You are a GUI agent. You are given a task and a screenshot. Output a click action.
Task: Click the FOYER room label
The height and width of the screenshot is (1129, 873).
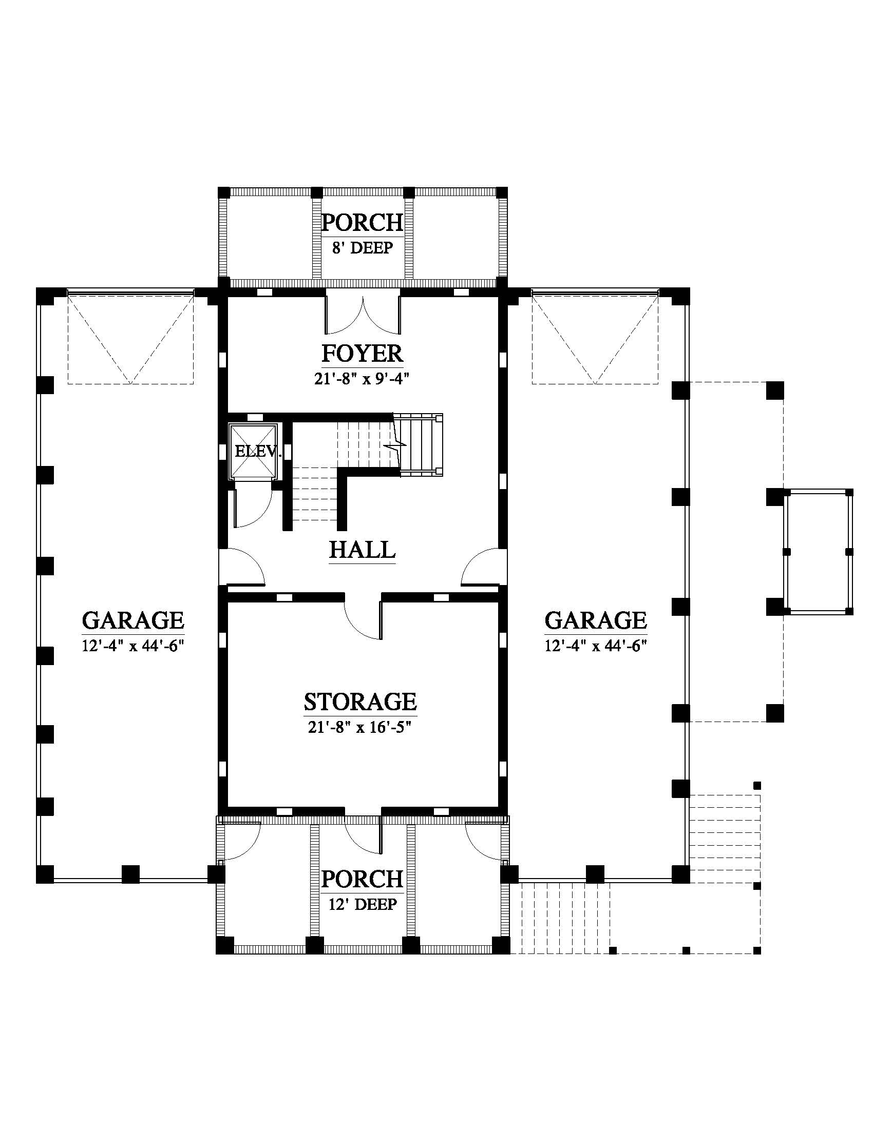[362, 354]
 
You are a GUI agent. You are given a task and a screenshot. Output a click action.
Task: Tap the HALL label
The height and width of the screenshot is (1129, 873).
[363, 550]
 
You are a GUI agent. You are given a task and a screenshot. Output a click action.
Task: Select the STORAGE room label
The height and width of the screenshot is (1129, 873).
[360, 702]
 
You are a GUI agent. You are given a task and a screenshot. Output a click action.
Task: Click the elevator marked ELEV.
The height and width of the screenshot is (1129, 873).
[253, 451]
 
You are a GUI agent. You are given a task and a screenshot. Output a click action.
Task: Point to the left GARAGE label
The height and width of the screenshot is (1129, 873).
[133, 620]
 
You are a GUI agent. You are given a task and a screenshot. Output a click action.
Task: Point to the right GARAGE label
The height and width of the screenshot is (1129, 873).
[596, 620]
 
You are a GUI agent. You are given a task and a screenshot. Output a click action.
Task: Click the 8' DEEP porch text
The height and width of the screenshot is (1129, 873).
[362, 248]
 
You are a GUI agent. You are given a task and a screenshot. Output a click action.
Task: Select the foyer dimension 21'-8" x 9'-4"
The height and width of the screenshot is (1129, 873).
[362, 379]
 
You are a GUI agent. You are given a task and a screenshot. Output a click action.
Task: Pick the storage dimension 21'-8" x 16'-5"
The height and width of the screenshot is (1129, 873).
[360, 727]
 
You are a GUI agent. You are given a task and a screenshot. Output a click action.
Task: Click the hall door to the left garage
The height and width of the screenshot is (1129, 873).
[242, 568]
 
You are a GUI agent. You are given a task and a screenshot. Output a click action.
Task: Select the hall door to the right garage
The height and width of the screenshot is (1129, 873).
[484, 568]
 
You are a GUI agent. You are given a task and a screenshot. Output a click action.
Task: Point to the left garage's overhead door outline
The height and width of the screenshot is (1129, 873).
[130, 338]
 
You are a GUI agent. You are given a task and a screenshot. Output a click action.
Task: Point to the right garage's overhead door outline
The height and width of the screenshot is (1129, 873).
[595, 338]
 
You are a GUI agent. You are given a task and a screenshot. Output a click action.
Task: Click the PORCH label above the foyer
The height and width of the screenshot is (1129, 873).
[362, 223]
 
